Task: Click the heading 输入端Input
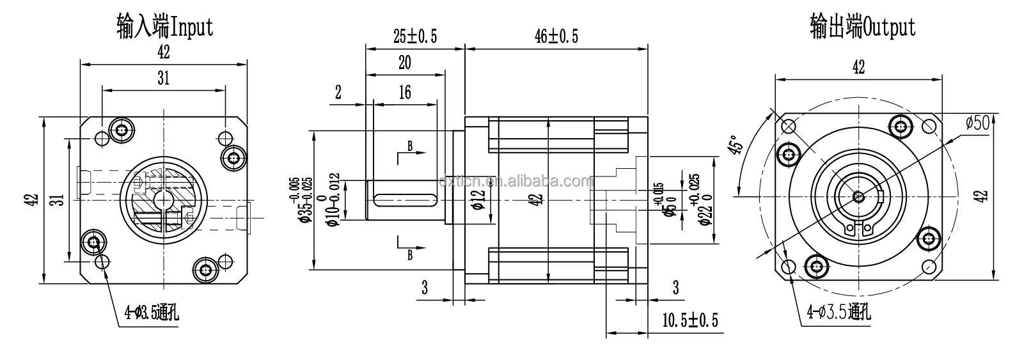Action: click(165, 26)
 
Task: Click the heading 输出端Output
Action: click(862, 26)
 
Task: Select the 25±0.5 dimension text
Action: click(414, 36)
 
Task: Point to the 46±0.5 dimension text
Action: click(556, 36)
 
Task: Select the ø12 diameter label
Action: click(475, 200)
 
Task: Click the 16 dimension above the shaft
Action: click(404, 93)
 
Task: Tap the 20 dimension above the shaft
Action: click(404, 63)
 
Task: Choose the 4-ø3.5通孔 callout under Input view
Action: click(152, 312)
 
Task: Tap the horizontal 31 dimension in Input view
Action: click(164, 78)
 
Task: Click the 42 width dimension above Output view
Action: click(858, 67)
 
